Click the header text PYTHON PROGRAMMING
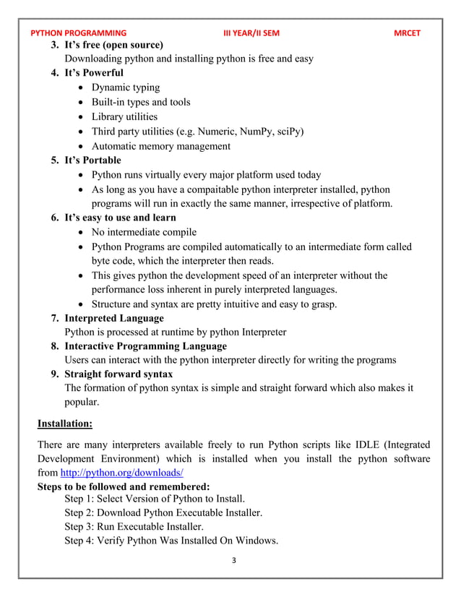[x=78, y=33]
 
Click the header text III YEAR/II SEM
[x=251, y=33]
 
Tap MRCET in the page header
[x=407, y=33]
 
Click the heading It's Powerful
[x=94, y=73]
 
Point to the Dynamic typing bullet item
[x=126, y=87]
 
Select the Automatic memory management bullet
[x=160, y=145]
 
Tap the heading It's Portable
[x=92, y=160]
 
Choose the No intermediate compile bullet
[x=144, y=232]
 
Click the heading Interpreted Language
[x=113, y=318]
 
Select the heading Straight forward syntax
[x=119, y=374]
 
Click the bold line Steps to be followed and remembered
[x=124, y=486]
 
